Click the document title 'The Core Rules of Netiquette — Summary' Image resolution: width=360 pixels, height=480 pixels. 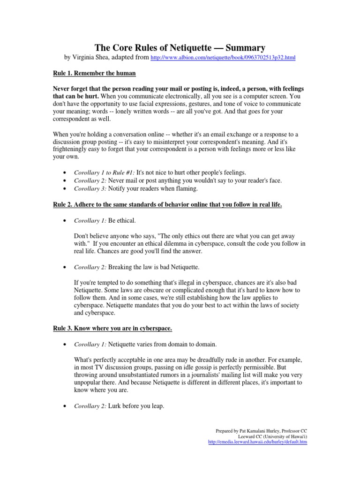[x=180, y=47]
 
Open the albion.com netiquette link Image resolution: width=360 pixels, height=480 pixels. [x=223, y=58]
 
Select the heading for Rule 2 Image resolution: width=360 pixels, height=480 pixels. [x=167, y=204]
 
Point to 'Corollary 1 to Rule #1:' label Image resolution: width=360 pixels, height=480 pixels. [x=104, y=172]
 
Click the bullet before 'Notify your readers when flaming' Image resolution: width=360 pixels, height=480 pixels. [x=63, y=189]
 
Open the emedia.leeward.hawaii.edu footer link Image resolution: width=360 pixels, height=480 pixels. [x=257, y=442]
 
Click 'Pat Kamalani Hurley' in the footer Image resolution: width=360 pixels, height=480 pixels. [x=253, y=431]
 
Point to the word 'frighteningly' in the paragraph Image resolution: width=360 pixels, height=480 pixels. [x=76, y=150]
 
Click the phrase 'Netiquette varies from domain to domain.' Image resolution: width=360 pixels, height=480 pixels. [x=162, y=344]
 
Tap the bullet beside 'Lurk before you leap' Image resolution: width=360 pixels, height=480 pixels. [x=63, y=406]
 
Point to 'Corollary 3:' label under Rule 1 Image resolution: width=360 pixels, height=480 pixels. [x=90, y=189]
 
